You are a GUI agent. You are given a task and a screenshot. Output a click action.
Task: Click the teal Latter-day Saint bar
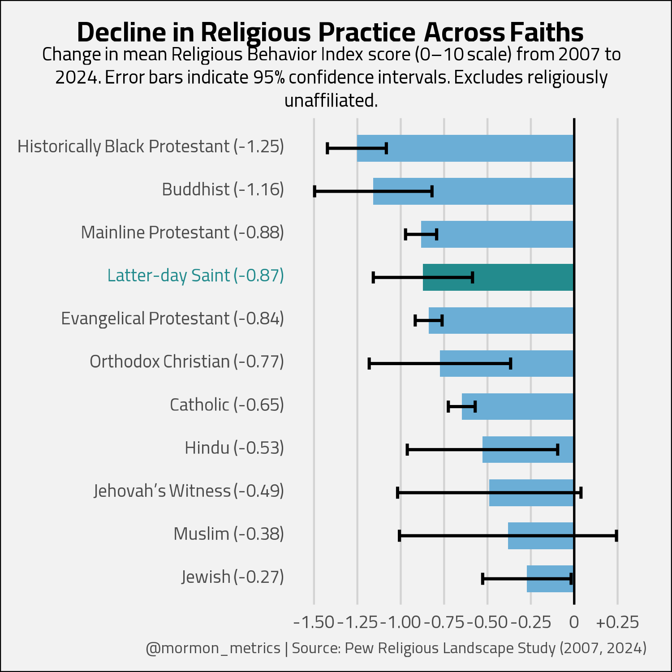click(498, 277)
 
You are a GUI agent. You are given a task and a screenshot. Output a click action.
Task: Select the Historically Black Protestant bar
click(465, 148)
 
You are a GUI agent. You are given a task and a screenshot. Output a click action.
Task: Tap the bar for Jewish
click(550, 579)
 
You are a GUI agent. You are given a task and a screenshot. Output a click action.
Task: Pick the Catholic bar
click(518, 406)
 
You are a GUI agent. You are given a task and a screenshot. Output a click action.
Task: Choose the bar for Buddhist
click(474, 191)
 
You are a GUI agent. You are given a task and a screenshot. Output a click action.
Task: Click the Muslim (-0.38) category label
click(229, 534)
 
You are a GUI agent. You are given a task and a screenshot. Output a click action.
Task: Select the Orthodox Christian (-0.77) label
click(187, 362)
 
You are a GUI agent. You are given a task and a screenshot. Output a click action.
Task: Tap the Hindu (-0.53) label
click(234, 448)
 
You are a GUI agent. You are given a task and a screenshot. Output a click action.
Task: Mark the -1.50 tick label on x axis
click(314, 622)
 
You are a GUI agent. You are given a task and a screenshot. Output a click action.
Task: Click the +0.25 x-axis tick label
click(618, 622)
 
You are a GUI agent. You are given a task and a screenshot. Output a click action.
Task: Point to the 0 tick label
click(574, 622)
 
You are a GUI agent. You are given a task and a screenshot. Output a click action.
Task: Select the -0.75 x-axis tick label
click(444, 622)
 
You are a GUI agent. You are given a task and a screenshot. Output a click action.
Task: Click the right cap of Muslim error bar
click(616, 536)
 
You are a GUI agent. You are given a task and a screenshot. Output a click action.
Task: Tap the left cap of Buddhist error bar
click(314, 191)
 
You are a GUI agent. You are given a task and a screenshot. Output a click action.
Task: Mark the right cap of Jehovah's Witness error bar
click(581, 493)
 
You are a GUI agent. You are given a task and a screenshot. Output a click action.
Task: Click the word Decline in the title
click(122, 32)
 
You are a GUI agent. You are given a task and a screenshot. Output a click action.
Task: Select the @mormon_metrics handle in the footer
click(213, 648)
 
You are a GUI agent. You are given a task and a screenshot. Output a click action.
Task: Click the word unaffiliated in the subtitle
click(331, 100)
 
